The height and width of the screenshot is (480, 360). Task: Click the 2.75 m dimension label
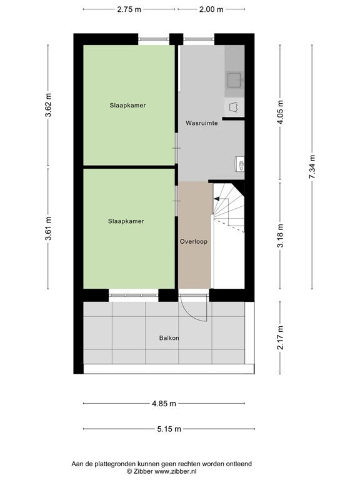click(x=129, y=9)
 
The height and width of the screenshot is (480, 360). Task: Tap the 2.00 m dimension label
click(x=211, y=9)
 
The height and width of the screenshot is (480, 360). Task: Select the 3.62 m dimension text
click(x=48, y=105)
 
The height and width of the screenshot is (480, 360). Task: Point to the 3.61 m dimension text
click(x=48, y=228)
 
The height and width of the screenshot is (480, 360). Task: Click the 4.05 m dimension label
click(x=281, y=112)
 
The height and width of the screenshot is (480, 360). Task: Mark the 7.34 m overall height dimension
click(x=312, y=167)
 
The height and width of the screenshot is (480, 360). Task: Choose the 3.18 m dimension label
click(x=281, y=236)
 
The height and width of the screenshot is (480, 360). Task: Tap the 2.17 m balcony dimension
click(x=281, y=337)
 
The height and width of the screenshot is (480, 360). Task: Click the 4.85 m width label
click(x=164, y=404)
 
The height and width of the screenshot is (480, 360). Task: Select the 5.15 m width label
click(x=169, y=429)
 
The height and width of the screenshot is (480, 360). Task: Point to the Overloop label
click(x=194, y=241)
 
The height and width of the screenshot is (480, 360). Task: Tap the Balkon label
click(x=169, y=338)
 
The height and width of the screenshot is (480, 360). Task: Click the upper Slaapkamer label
click(x=127, y=105)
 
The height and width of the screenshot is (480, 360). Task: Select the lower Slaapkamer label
click(x=126, y=221)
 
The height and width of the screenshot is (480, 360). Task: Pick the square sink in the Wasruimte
click(x=234, y=80)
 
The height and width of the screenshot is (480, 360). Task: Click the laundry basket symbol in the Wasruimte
click(x=234, y=107)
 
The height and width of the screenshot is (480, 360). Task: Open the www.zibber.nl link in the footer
click(x=176, y=471)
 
